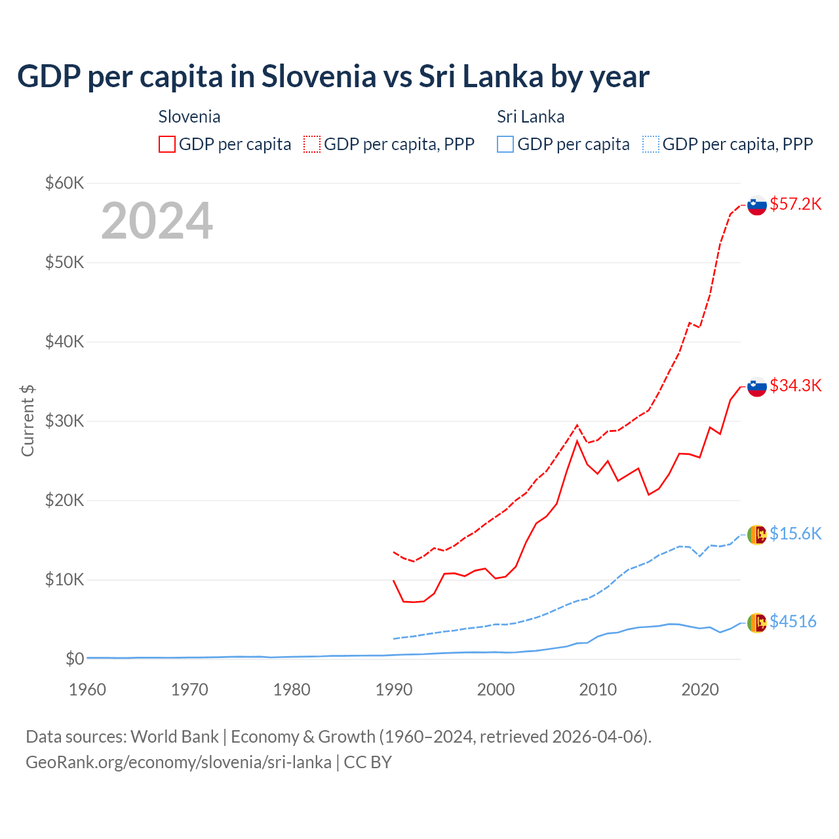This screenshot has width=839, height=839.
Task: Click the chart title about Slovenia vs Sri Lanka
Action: (x=333, y=77)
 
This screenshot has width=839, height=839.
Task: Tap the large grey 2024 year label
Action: (x=157, y=222)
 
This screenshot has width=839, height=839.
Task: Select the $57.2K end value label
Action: (x=795, y=204)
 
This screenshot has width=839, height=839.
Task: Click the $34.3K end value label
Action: (x=795, y=385)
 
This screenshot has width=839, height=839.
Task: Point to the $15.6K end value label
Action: (x=795, y=534)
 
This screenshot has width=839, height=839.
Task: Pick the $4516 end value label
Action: (x=792, y=621)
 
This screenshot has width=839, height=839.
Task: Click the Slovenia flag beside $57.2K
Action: (x=757, y=205)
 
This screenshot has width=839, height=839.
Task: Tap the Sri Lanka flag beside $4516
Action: (x=757, y=622)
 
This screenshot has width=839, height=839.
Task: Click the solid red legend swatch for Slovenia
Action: (x=167, y=144)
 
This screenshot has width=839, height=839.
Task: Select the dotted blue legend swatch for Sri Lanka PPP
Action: (x=651, y=144)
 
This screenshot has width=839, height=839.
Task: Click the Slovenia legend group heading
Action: (x=189, y=117)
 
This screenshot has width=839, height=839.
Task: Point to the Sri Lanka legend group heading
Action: (x=530, y=117)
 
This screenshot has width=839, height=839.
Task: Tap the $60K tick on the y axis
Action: (x=64, y=183)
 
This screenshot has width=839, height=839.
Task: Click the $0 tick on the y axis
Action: (x=74, y=659)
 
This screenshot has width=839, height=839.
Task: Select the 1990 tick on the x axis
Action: (x=393, y=690)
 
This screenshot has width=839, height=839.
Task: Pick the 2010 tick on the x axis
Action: (x=598, y=690)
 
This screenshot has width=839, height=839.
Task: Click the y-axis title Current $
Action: (x=28, y=421)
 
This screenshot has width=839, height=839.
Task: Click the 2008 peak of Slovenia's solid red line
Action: (x=577, y=441)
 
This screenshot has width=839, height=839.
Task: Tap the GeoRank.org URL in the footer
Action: (x=178, y=762)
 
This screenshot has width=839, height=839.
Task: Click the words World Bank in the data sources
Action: (x=174, y=737)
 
